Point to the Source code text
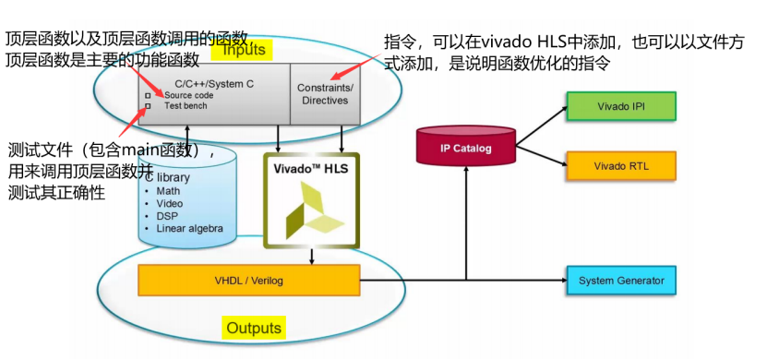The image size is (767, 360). pyautogui.click(x=191, y=95)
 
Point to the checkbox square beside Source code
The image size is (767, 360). pyautogui.click(x=148, y=95)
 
